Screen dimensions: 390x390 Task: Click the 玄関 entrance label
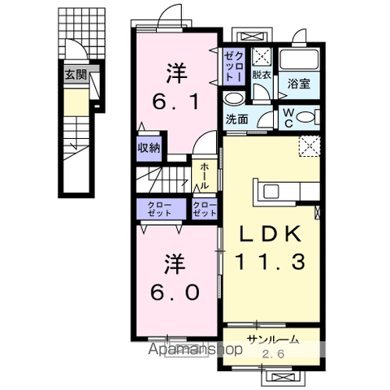tap(76, 74)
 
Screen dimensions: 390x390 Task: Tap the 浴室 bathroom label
tap(299, 84)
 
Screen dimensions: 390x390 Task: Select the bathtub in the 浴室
tap(299, 59)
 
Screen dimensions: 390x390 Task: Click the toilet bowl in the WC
tap(305, 118)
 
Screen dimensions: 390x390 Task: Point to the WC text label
tap(288, 119)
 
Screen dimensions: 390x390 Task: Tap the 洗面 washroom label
tap(237, 119)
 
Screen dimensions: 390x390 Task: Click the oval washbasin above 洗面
tap(235, 98)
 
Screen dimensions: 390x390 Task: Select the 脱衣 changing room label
tap(262, 75)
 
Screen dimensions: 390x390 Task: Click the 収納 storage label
tap(149, 148)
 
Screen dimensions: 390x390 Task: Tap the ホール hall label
tap(205, 176)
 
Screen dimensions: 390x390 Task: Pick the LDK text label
tap(271, 234)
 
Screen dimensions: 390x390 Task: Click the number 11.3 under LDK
tap(271, 262)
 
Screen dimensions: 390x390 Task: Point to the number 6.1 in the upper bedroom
tap(176, 102)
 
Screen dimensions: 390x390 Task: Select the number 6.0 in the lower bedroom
tap(175, 292)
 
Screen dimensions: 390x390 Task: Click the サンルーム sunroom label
tap(274, 340)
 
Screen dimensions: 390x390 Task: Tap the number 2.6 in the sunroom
tap(274, 353)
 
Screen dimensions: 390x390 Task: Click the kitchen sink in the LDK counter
tap(271, 192)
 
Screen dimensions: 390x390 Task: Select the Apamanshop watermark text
tap(195, 349)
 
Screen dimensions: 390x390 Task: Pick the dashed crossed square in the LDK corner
tap(310, 146)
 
